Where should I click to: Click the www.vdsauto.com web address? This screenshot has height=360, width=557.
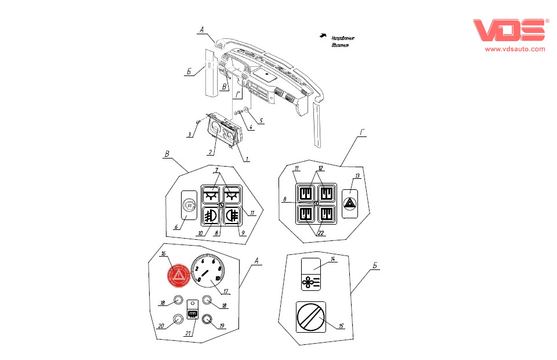click(515, 49)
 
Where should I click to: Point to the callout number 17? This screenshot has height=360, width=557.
click(226, 292)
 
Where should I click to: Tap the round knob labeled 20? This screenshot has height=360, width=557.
click(179, 318)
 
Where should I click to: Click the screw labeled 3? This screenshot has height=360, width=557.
click(199, 122)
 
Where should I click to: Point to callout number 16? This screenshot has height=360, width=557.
click(164, 254)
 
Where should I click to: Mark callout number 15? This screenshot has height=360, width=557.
click(342, 326)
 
